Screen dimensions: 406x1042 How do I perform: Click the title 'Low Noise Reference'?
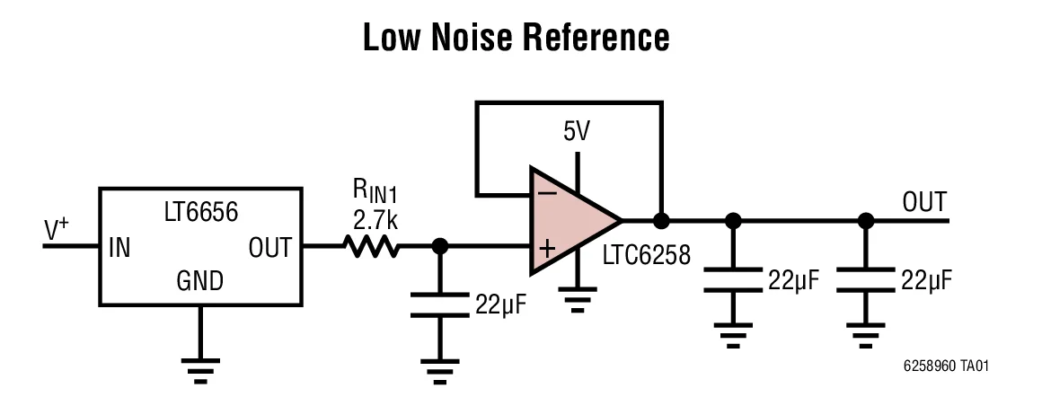(x=517, y=39)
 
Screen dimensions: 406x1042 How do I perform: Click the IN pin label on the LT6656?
(x=119, y=247)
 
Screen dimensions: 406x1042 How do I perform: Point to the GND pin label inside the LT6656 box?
(x=199, y=282)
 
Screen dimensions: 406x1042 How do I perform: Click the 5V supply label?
(x=577, y=133)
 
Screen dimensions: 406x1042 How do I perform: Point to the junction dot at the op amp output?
(x=662, y=220)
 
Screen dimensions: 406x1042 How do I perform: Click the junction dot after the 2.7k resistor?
(x=440, y=246)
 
